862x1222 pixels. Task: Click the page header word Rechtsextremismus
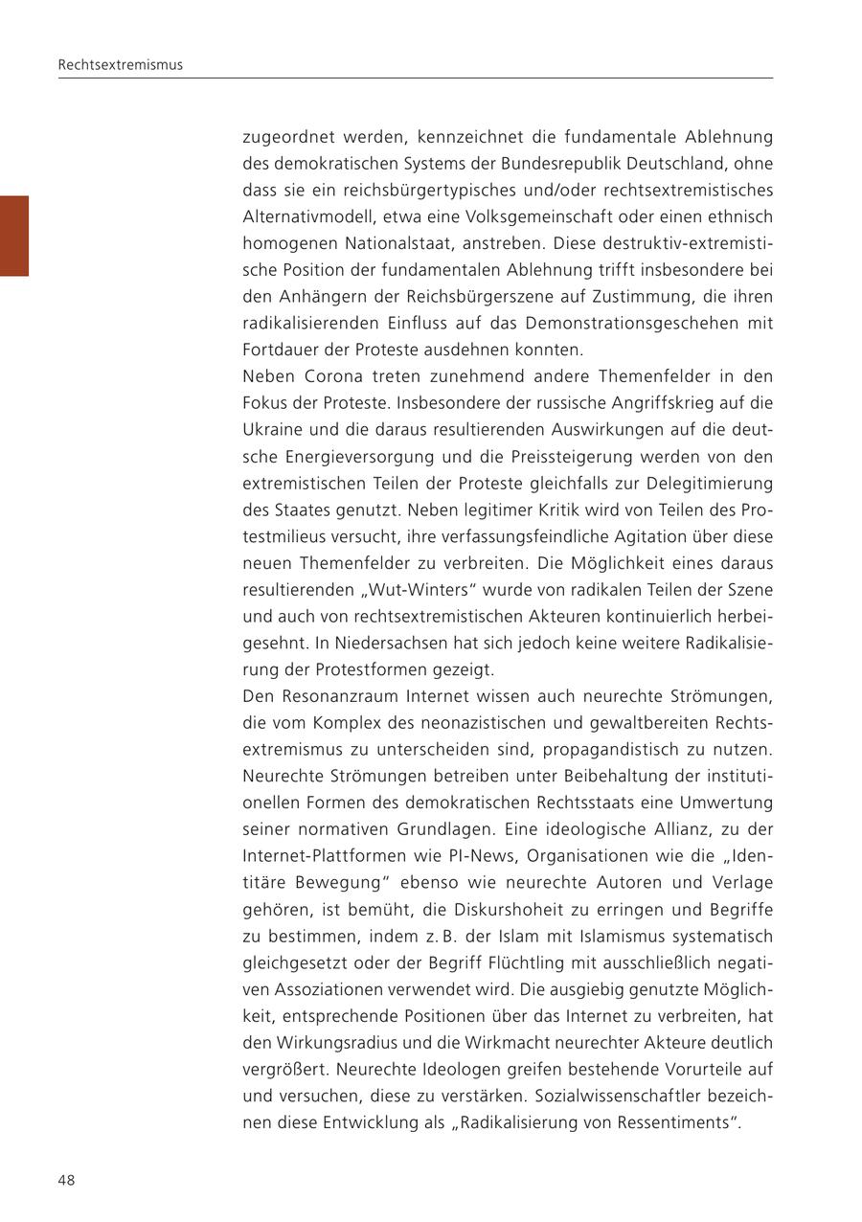point(120,65)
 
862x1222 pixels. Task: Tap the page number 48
point(66,1180)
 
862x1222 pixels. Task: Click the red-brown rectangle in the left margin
point(14,236)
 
